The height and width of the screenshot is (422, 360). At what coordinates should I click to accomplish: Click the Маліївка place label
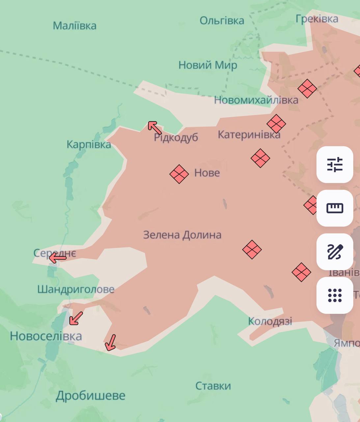pos(75,26)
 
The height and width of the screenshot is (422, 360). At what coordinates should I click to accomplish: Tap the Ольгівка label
pos(222,21)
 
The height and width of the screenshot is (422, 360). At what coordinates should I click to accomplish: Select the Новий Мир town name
pos(208,65)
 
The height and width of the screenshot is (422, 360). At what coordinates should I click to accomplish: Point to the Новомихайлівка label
pos(256,100)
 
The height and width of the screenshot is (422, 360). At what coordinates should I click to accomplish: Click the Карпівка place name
pos(89,145)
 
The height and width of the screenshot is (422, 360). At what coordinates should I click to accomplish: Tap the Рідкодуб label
pos(176,137)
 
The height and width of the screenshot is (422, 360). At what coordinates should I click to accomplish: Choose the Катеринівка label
pos(249,135)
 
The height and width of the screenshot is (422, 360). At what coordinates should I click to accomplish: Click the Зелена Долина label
pos(182,235)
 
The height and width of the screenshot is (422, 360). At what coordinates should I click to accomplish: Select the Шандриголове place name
pos(76,289)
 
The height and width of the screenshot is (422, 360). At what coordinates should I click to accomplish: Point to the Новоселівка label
pos(46,336)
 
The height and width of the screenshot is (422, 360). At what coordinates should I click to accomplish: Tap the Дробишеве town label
pos(91,396)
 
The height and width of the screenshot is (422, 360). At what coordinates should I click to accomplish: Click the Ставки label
pos(213,386)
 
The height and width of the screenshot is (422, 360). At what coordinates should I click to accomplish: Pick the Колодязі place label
pos(270,321)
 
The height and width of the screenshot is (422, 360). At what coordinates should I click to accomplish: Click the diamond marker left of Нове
pos(179,174)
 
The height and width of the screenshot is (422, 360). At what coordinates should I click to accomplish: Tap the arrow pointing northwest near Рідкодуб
pos(154,128)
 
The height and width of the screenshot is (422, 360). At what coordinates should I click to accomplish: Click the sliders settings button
pos(335,165)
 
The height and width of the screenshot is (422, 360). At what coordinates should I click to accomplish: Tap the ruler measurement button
pos(335,208)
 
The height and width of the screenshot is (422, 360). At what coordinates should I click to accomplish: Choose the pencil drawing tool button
pos(335,252)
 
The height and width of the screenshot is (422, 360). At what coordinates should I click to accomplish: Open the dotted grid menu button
pos(335,295)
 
